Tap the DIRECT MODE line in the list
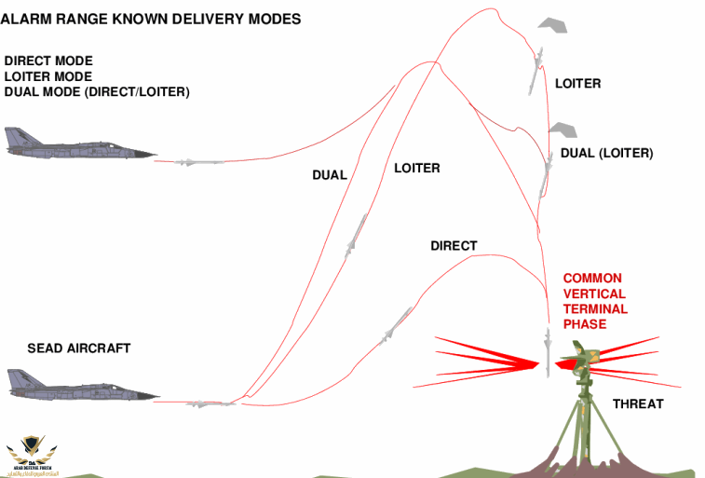pyautogui.click(x=48, y=61)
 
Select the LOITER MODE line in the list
pyautogui.click(x=48, y=76)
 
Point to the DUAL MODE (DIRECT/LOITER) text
pyautogui.click(x=97, y=91)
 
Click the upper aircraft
pyautogui.click(x=79, y=143)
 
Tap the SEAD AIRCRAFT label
pyautogui.click(x=79, y=348)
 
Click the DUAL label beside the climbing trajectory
pyautogui.click(x=330, y=175)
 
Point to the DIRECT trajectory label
pyautogui.click(x=454, y=246)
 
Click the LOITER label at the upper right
pyautogui.click(x=577, y=84)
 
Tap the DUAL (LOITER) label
pyautogui.click(x=606, y=153)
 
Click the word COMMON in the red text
pyautogui.click(x=592, y=279)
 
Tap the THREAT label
pyautogui.click(x=638, y=403)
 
